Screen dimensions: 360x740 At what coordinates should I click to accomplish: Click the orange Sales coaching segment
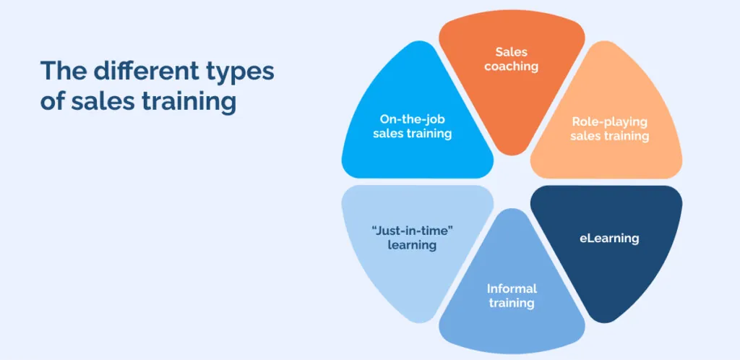point(512,94)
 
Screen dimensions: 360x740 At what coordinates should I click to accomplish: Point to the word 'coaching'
point(512,66)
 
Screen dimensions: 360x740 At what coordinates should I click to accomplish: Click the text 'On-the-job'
point(413,119)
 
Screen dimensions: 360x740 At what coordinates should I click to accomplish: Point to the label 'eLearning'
point(609,238)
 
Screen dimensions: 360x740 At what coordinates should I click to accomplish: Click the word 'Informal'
point(512,289)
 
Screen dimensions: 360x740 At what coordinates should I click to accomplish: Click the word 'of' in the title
point(52,102)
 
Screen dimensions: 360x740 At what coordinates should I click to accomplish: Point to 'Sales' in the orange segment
point(512,52)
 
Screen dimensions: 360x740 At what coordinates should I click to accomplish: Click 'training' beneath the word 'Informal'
point(512,303)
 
